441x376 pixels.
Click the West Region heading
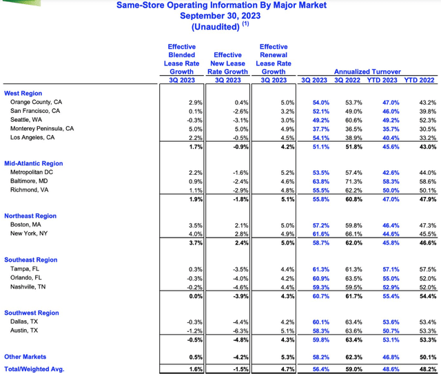23,93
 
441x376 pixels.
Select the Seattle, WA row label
26,120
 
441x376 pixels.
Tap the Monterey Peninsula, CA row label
42,128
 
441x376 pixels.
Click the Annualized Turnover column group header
367,72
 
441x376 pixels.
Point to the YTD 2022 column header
419,80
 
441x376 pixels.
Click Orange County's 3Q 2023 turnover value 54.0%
321,103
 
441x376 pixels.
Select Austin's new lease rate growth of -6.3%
240,331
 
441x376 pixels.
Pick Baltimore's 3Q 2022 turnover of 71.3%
353,182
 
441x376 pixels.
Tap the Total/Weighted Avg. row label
34,369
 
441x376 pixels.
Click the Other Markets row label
25,357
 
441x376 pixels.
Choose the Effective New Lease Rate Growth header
227,63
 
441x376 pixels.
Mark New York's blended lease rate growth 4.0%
196,234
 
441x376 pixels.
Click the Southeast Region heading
30,260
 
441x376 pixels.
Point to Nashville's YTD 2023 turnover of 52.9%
391,287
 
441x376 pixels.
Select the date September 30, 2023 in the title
220,16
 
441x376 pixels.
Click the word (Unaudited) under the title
216,27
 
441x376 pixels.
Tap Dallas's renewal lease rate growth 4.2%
287,322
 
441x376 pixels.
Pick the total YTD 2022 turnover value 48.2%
428,369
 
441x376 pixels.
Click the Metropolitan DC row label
32,172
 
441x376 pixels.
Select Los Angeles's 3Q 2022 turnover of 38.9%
353,138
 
